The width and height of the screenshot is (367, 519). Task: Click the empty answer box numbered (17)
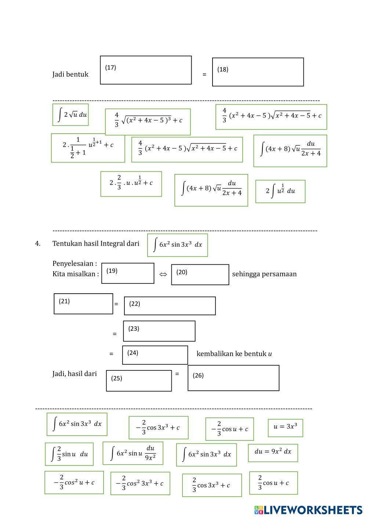[x=146, y=70]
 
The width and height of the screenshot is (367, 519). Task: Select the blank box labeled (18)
[x=258, y=72]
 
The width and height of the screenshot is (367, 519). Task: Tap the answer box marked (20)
[x=200, y=275]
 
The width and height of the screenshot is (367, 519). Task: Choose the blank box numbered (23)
[x=159, y=331]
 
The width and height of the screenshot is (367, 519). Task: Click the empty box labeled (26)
[x=233, y=378]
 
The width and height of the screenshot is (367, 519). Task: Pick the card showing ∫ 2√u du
[x=70, y=115]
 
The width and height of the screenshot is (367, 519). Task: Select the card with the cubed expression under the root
[x=148, y=122]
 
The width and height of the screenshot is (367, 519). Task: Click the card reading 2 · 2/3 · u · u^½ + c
[x=131, y=184]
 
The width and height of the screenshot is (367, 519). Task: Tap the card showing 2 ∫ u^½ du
[x=280, y=191]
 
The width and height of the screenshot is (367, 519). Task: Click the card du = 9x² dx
[x=273, y=453]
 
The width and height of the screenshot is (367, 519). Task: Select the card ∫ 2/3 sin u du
[x=69, y=454]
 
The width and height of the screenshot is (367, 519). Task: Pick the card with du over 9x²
[x=133, y=453]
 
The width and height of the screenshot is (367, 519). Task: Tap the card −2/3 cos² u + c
[x=74, y=482]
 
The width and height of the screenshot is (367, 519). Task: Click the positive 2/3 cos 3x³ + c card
[x=212, y=485]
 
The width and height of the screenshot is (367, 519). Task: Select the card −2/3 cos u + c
[x=230, y=429]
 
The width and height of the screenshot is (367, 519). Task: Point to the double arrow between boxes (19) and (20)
[x=163, y=274]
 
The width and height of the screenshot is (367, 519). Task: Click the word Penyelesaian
[x=73, y=264]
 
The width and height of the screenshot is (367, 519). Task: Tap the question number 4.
[x=37, y=243]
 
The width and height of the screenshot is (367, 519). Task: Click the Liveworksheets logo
[x=308, y=510]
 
